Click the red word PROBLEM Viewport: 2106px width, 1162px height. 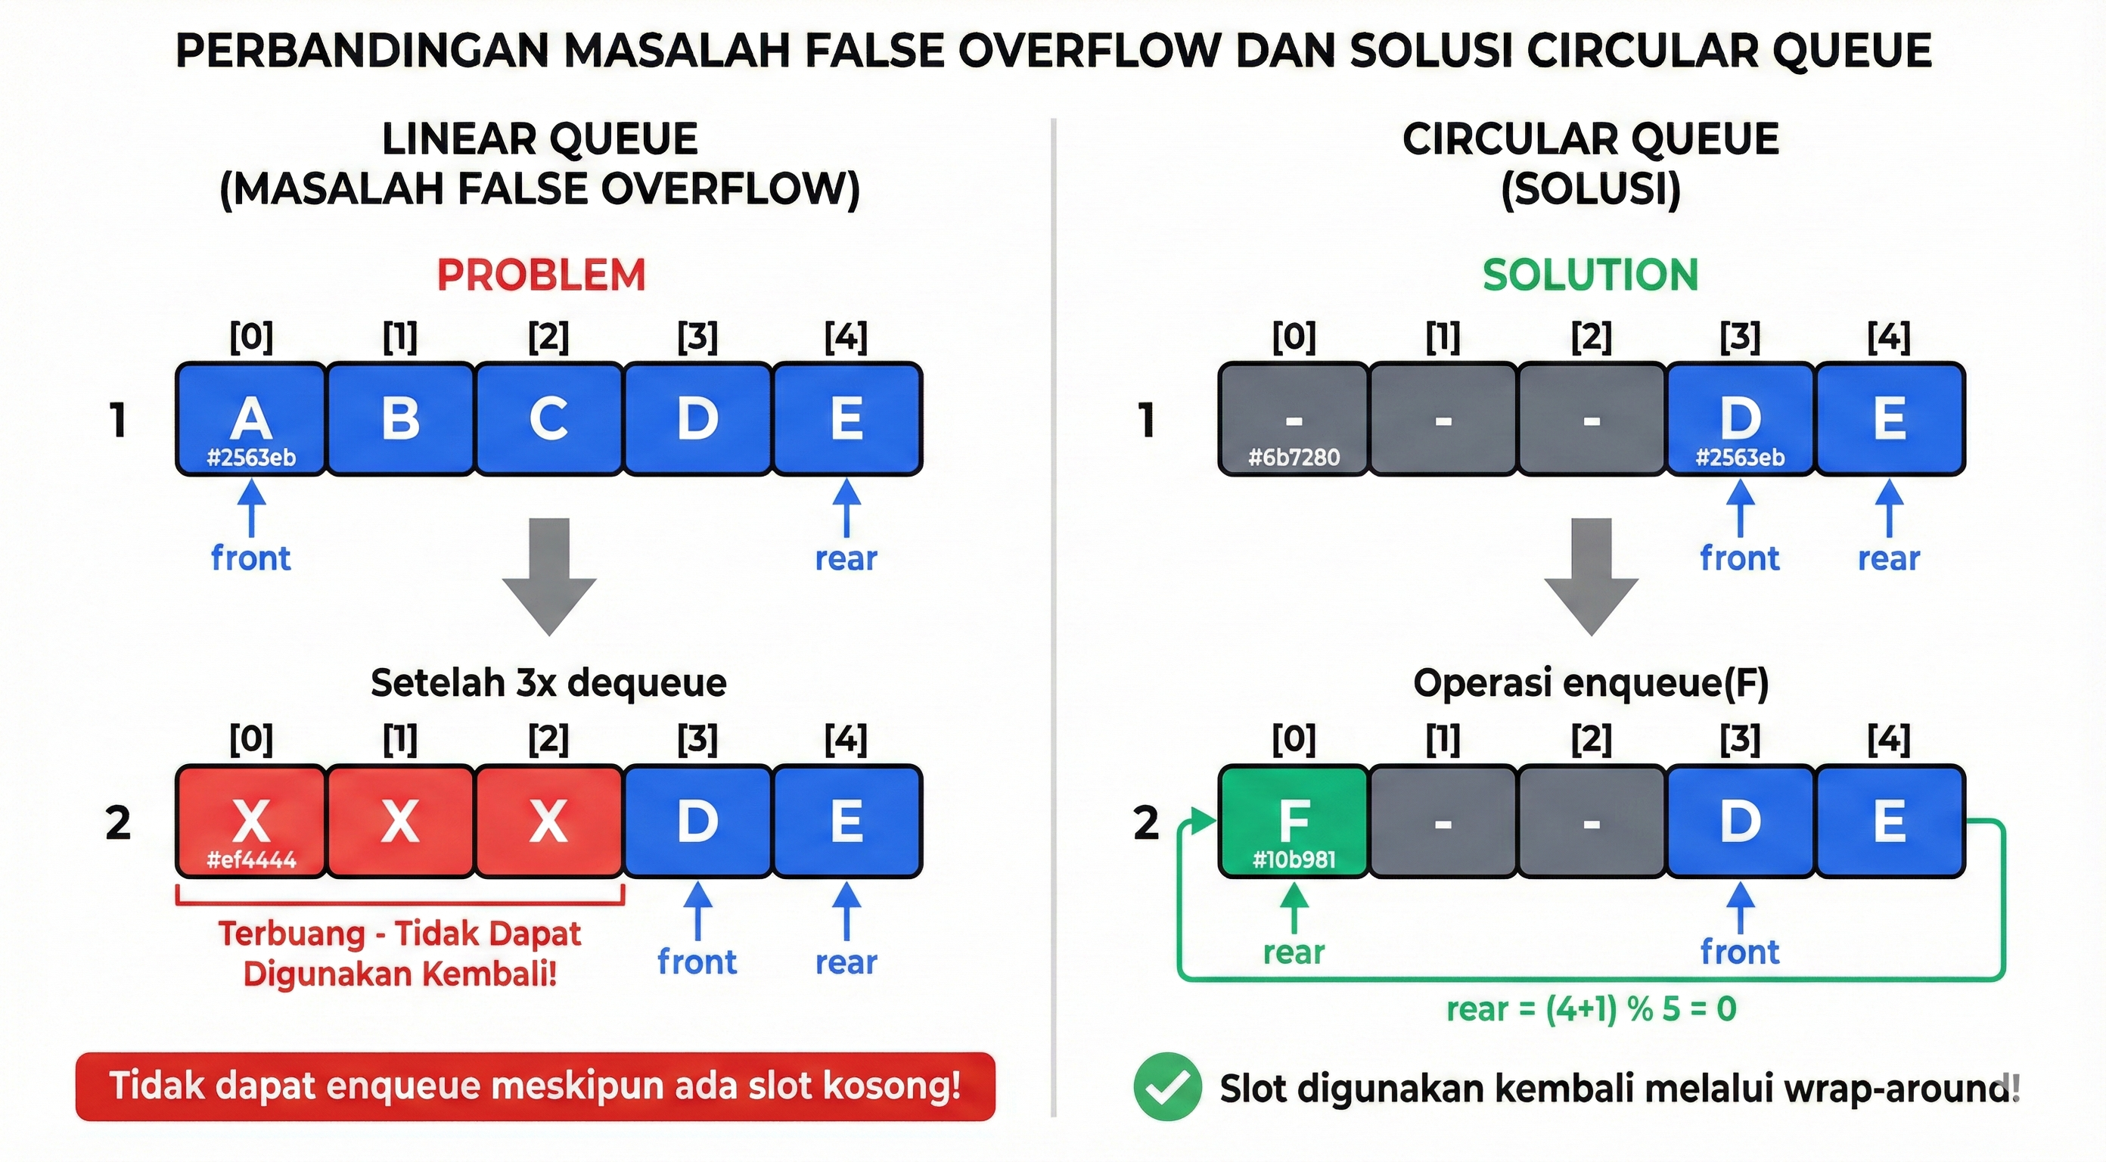tap(540, 275)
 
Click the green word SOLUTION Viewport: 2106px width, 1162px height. tap(1590, 275)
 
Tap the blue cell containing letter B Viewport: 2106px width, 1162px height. tap(399, 418)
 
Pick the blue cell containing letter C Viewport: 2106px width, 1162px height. tap(548, 418)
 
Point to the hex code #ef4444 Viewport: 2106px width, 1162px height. tap(251, 859)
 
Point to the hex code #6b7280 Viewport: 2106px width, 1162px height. tap(1294, 457)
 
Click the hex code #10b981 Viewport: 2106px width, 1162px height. tap(1294, 859)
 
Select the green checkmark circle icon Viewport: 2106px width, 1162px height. tap(1167, 1087)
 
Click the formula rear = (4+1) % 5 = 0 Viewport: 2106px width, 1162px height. tap(1591, 1009)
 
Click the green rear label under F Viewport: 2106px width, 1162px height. tap(1294, 952)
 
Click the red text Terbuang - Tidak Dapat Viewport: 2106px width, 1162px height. tap(399, 934)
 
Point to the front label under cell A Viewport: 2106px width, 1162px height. tap(250, 558)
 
